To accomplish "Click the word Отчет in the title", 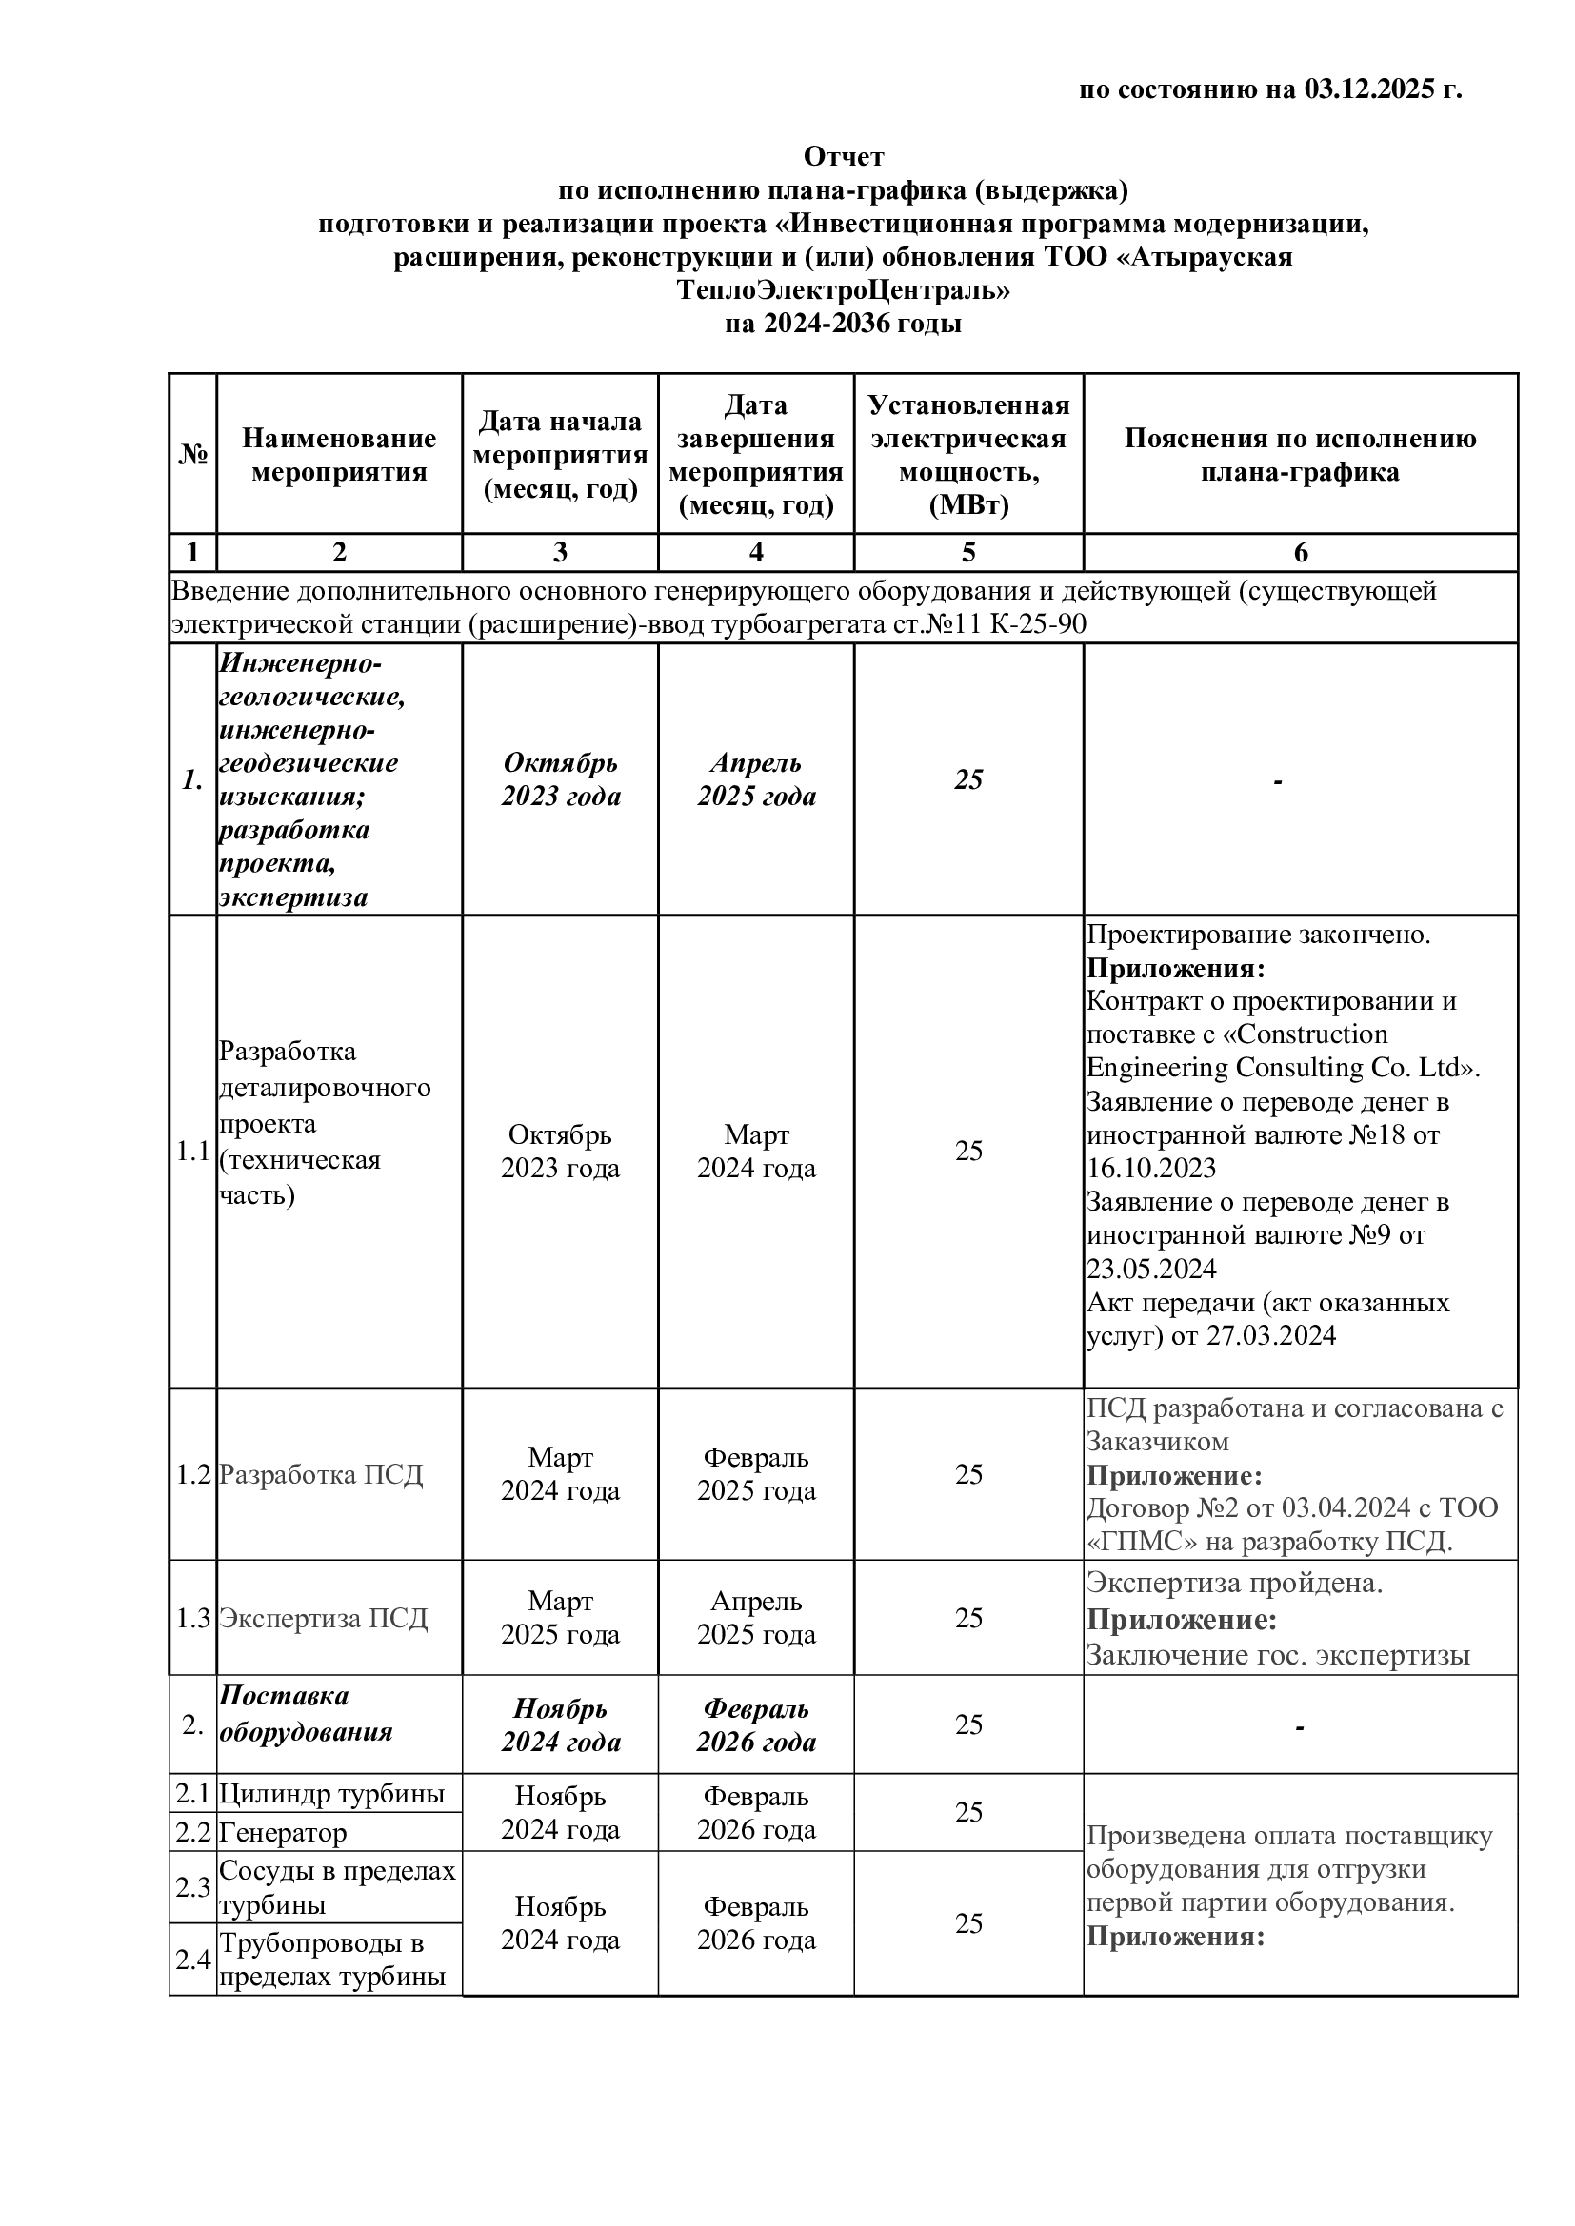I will [x=843, y=156].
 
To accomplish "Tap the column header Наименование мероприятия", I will [x=338, y=455].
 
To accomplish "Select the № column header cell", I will [x=193, y=455].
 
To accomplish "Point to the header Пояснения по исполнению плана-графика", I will [x=1300, y=455].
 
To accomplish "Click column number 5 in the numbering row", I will [x=967, y=553].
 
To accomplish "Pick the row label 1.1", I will [x=193, y=1152].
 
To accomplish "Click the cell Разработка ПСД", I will [x=321, y=1474].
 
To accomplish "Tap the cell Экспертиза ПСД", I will [x=323, y=1618].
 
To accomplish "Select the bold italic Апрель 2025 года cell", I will [x=755, y=779].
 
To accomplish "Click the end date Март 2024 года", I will [x=755, y=1151].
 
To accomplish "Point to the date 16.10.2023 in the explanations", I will [x=1151, y=1169].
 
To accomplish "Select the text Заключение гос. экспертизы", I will [x=1277, y=1655].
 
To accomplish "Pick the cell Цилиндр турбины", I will [x=331, y=1794].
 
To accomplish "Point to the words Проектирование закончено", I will [x=1258, y=935].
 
